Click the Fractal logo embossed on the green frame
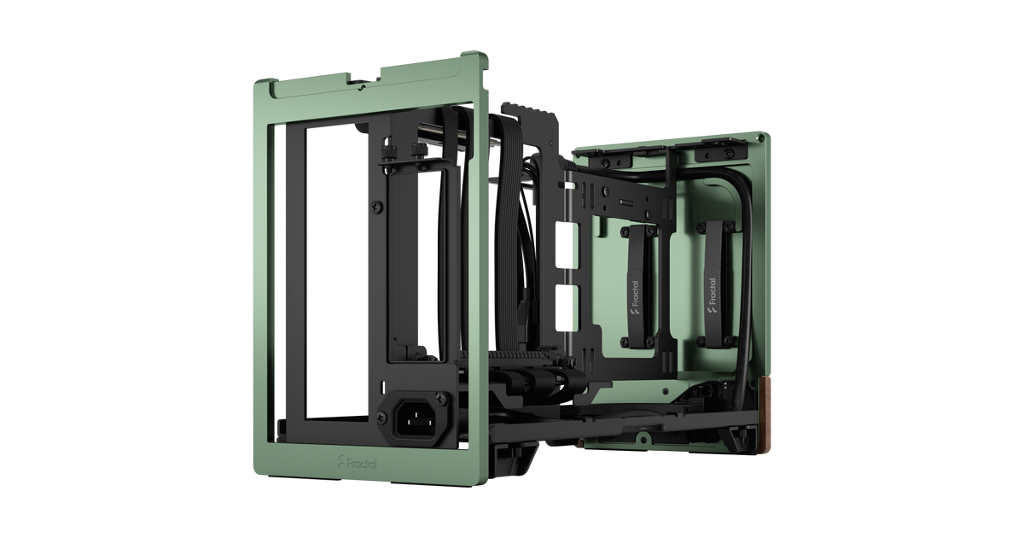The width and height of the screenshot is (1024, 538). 357,463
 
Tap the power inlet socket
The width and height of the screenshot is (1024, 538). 416,419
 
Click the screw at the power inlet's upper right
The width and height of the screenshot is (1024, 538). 441,399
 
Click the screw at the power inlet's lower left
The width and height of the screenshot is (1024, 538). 381,418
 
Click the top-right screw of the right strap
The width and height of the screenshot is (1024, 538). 730,226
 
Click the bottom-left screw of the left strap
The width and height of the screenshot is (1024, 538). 625,342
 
